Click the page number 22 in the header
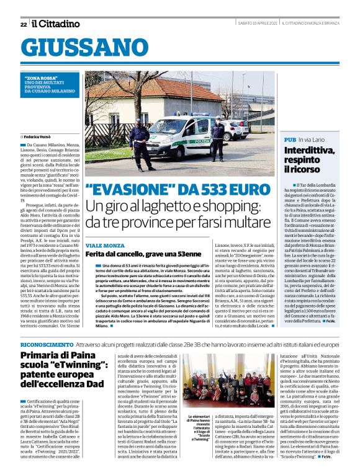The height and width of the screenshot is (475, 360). point(24,24)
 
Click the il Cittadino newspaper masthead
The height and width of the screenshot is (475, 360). point(56,24)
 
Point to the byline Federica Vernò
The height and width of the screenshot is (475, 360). point(40,136)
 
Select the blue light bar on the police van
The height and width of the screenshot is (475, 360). point(184,115)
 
